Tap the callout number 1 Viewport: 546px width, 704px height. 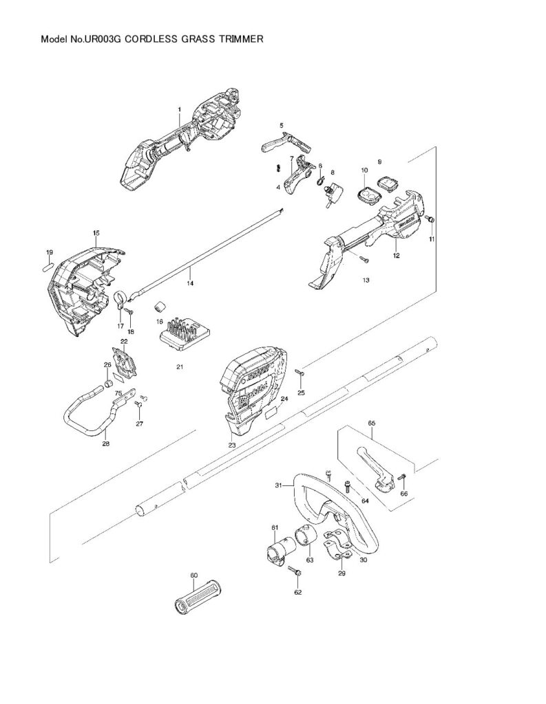coord(180,109)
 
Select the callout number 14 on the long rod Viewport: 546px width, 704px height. coord(190,283)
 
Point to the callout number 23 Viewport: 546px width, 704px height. coord(232,445)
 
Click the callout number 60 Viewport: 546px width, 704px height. coord(194,575)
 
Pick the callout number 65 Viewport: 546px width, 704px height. coord(372,423)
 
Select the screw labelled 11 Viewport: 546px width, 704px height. coord(430,219)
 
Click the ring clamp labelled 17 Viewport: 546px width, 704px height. coord(120,301)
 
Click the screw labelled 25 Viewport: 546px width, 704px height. coord(300,371)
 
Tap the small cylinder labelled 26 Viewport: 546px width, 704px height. coord(108,384)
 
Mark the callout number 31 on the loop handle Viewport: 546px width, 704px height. coord(278,485)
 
